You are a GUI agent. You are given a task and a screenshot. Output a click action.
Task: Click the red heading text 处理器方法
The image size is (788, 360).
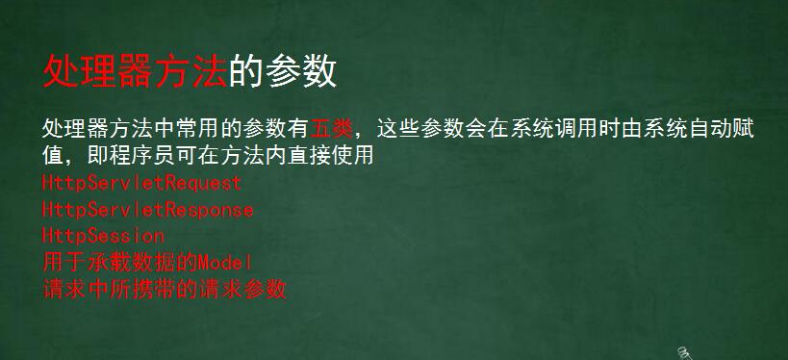tap(135, 71)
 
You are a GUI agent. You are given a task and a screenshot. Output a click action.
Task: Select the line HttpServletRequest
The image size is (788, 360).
tap(141, 182)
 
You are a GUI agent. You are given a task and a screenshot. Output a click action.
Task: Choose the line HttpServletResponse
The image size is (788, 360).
tap(147, 209)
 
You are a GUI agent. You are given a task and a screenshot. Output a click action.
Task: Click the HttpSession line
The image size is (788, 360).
tap(103, 235)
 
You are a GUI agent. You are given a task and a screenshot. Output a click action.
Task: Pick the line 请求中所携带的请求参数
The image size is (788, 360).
tap(165, 289)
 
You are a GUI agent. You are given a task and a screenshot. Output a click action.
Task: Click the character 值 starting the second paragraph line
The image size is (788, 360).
tap(54, 155)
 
